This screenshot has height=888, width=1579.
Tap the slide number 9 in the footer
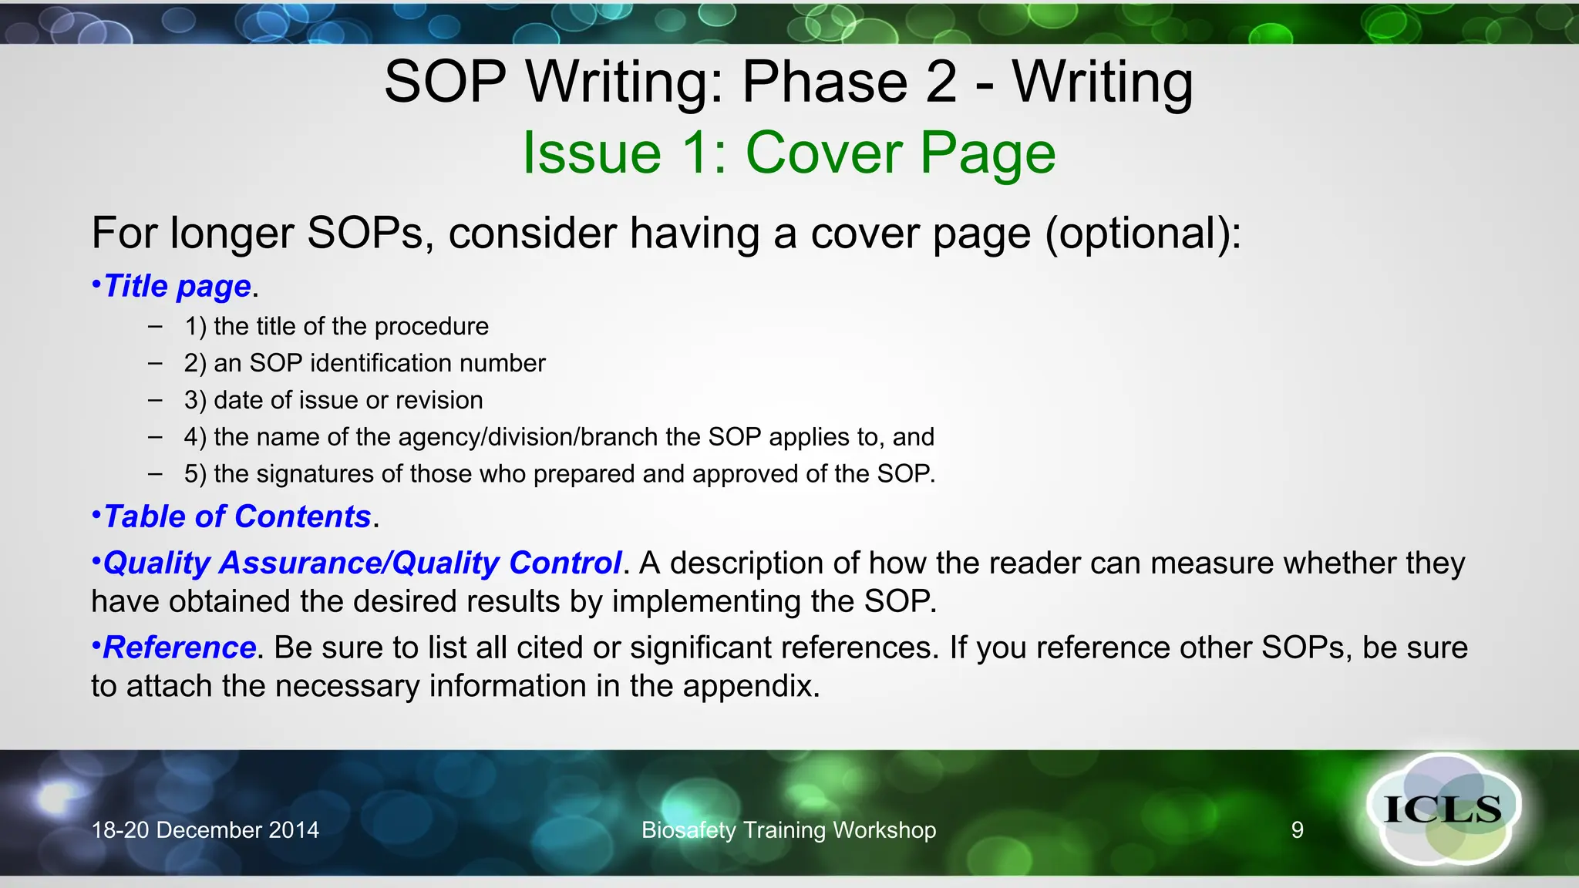point(1298,830)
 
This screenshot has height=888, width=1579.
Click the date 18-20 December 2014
point(205,830)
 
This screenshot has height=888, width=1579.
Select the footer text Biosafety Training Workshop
point(789,830)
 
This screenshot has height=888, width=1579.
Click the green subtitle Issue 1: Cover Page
point(789,153)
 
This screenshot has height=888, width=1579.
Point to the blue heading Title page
point(177,286)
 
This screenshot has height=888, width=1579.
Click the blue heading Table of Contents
point(237,516)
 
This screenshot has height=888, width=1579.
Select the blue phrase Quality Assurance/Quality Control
point(362,563)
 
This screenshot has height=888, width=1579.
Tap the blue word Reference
point(180,648)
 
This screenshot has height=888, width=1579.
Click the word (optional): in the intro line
point(1143,234)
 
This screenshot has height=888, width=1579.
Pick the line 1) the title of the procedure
point(336,327)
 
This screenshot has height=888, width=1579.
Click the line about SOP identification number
point(365,363)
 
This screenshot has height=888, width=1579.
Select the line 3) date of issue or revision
point(333,401)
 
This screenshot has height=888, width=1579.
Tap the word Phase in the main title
point(825,82)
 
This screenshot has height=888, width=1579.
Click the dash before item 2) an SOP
point(156,363)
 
